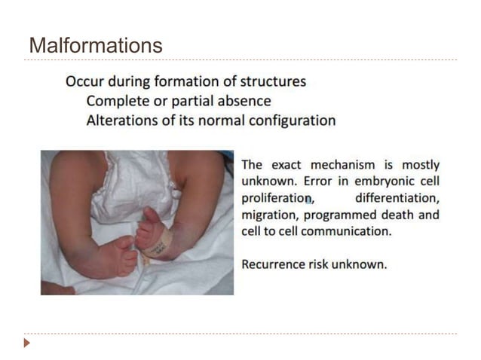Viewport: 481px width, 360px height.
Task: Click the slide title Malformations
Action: point(95,45)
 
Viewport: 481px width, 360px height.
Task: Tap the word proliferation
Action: point(276,198)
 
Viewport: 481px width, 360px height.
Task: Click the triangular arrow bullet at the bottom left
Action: point(27,343)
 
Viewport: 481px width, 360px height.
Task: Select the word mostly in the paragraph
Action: point(420,165)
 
